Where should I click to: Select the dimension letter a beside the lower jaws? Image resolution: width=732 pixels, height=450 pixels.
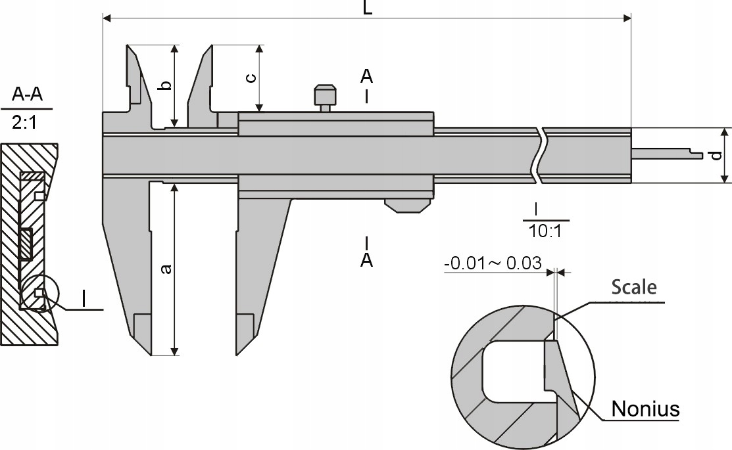click(x=166, y=269)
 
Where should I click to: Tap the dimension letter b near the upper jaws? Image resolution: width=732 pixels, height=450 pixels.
click(x=166, y=85)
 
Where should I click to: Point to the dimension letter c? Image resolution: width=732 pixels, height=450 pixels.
click(x=251, y=78)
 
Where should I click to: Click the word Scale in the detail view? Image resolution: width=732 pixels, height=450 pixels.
click(x=634, y=287)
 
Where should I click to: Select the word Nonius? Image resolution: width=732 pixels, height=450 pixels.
click(x=645, y=409)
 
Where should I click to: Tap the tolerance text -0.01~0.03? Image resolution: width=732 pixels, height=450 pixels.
click(x=493, y=263)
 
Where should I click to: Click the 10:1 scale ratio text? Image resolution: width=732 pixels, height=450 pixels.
click(x=545, y=231)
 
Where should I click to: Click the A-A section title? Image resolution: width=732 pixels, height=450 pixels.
click(x=27, y=96)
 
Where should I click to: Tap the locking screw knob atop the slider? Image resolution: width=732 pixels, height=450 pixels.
click(x=326, y=94)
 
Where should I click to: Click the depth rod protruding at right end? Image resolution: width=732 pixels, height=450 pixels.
click(x=664, y=154)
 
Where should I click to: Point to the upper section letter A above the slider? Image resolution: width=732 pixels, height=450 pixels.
click(x=366, y=76)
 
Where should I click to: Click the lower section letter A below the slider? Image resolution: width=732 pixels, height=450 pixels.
click(x=366, y=260)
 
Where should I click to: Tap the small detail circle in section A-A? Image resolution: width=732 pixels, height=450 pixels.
click(x=39, y=292)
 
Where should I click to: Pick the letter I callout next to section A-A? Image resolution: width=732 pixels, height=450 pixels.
click(x=85, y=298)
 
